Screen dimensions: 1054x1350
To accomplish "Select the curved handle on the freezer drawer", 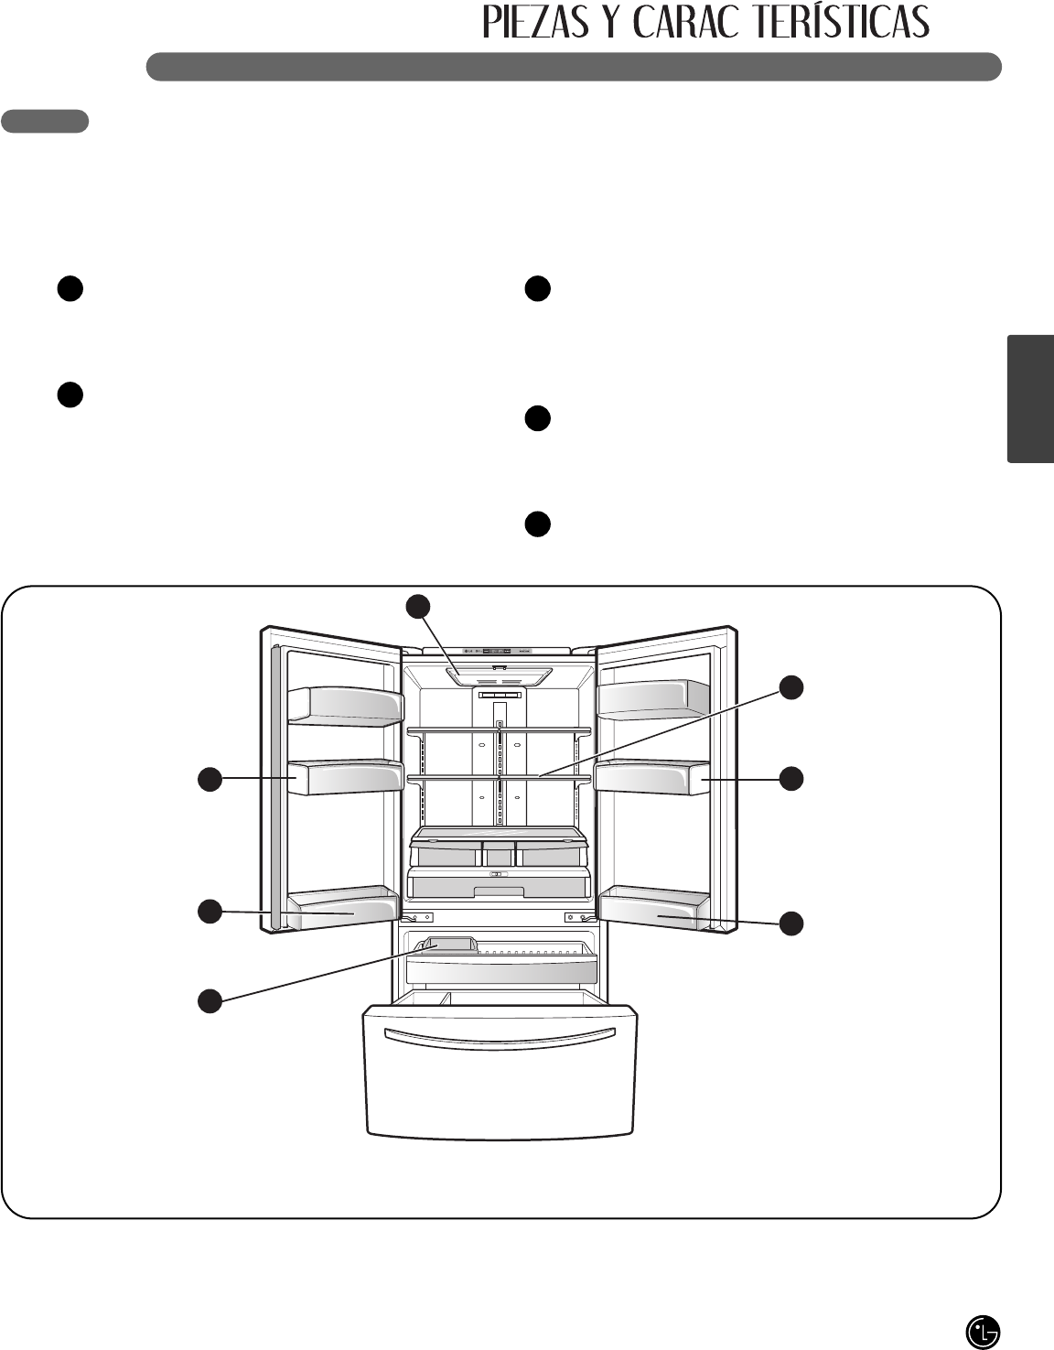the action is click(500, 1037).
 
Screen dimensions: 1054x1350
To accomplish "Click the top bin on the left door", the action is click(345, 706).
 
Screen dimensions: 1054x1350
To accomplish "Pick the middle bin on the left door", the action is click(345, 778).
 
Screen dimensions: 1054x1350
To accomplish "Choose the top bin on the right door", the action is click(652, 698).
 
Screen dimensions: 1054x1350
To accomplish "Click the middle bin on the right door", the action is click(652, 778).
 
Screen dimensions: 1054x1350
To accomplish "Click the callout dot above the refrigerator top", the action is click(419, 605).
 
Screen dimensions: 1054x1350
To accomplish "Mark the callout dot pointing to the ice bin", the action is click(210, 1000).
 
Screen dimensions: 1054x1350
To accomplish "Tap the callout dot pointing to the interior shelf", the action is click(792, 687).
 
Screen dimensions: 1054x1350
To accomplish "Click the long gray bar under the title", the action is click(574, 67).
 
